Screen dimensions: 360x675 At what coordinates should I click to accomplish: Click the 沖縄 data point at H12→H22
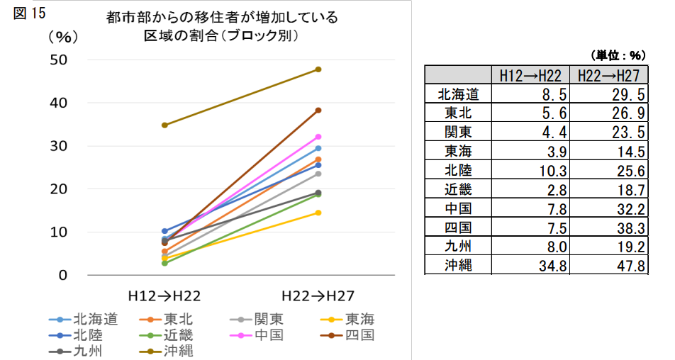coord(164,125)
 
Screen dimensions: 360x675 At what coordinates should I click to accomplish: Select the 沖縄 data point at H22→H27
coord(318,69)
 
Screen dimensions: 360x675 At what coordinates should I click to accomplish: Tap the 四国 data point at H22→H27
coord(318,110)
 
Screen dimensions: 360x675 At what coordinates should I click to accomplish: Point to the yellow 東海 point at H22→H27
coord(318,213)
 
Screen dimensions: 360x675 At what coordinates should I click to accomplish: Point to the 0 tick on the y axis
coord(62,275)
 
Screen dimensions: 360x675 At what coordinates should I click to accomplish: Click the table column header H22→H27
coord(608,76)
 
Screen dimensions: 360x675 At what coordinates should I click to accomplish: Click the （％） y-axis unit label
coord(63,36)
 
